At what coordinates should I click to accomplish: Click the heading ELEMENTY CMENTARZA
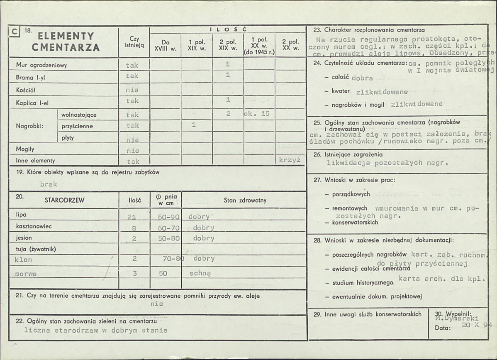(66, 42)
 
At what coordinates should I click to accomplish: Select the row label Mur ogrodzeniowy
(41, 65)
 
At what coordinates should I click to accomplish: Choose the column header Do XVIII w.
(165, 45)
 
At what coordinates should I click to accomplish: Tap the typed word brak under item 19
(49, 184)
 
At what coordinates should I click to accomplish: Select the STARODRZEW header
(64, 200)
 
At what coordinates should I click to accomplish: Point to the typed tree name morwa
(26, 274)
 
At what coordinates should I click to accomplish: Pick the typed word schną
(200, 274)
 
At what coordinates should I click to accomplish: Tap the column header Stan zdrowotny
(245, 200)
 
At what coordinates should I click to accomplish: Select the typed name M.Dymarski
(455, 318)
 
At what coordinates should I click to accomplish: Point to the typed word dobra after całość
(362, 78)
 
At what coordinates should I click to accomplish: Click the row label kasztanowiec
(34, 226)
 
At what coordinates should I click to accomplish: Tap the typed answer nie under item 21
(157, 304)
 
